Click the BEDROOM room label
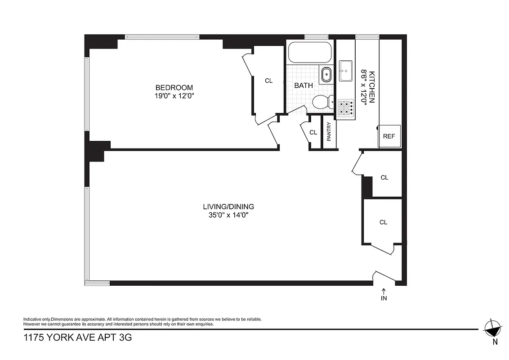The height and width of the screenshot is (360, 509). pyautogui.click(x=174, y=87)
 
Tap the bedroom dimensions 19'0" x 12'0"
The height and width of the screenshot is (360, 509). pyautogui.click(x=174, y=95)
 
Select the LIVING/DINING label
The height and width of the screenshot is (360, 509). pyautogui.click(x=228, y=207)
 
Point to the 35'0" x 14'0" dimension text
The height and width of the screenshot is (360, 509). pyautogui.click(x=228, y=215)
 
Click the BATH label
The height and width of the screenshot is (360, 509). pyautogui.click(x=304, y=85)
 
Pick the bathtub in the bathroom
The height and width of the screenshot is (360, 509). pyautogui.click(x=310, y=53)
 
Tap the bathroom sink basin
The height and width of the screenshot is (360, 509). pyautogui.click(x=326, y=75)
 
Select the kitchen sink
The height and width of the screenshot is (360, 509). pyautogui.click(x=346, y=71)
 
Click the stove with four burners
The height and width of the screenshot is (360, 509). pyautogui.click(x=345, y=108)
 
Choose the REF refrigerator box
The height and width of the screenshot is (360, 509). pyautogui.click(x=389, y=136)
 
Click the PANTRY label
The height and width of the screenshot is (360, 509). pyautogui.click(x=329, y=132)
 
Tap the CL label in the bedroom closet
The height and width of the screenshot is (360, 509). pyautogui.click(x=268, y=81)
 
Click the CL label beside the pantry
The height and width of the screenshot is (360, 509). pyautogui.click(x=313, y=132)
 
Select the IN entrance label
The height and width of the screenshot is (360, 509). pyautogui.click(x=384, y=298)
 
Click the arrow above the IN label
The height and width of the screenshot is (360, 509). pyautogui.click(x=384, y=291)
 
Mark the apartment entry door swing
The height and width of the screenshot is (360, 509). pyautogui.click(x=384, y=276)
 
